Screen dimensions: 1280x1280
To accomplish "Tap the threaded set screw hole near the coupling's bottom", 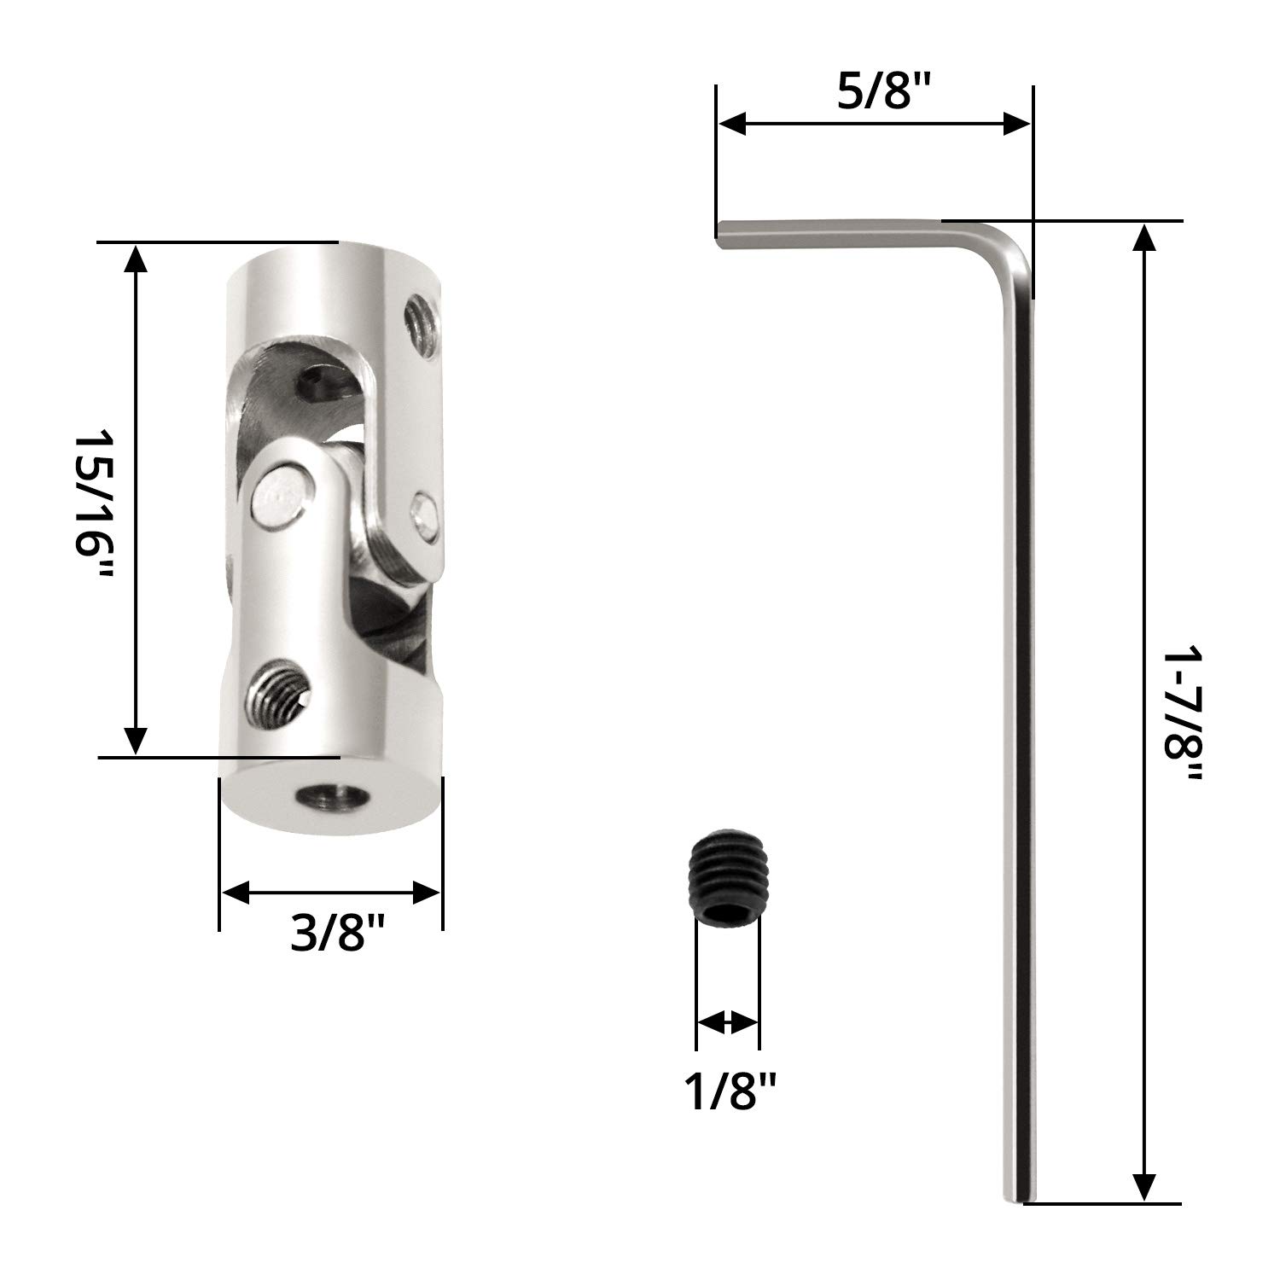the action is [x=278, y=689].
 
